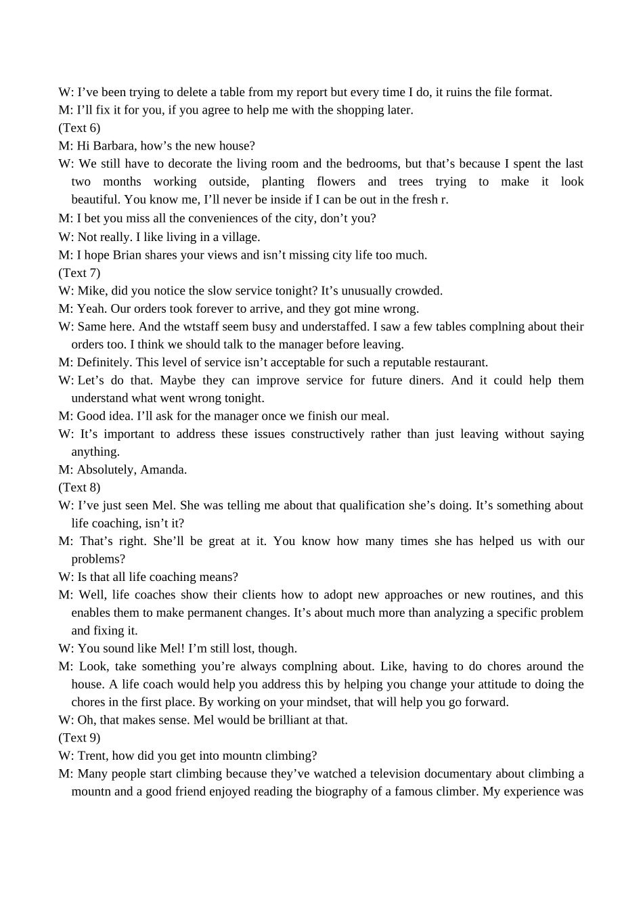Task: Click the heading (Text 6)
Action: [79, 128]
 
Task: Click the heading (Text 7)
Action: [79, 273]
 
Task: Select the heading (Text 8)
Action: [79, 487]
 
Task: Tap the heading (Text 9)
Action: [79, 738]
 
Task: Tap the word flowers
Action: [336, 181]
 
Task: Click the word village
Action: [240, 237]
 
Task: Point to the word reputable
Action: [401, 362]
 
